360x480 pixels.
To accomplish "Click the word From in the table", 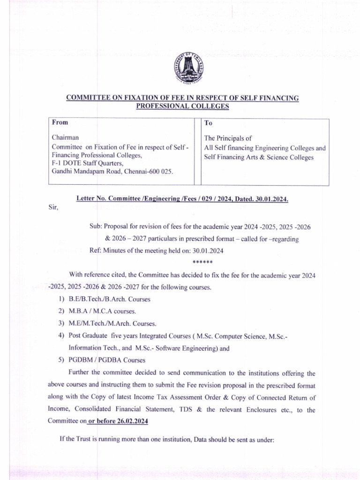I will click(x=60, y=123).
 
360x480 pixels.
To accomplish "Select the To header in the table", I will click(x=209, y=123).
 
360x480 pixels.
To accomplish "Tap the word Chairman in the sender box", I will click(x=65, y=138).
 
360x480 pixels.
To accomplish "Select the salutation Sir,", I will click(x=53, y=208).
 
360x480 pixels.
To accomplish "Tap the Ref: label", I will click(x=95, y=250).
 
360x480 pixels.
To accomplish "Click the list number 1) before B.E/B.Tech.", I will click(x=61, y=299).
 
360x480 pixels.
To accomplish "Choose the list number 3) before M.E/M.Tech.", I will click(x=61, y=323).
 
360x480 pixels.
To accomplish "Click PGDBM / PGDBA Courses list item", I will click(x=107, y=360).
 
